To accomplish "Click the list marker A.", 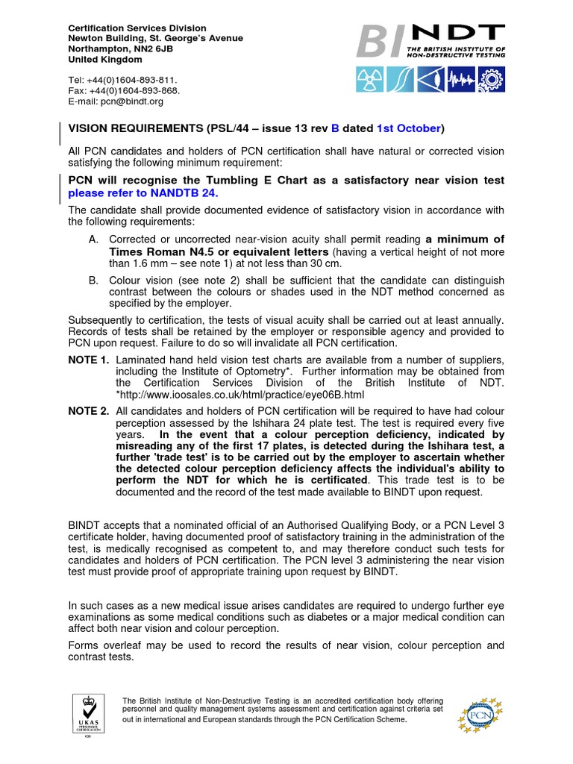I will coord(93,239).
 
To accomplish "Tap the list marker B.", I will coord(93,281).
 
